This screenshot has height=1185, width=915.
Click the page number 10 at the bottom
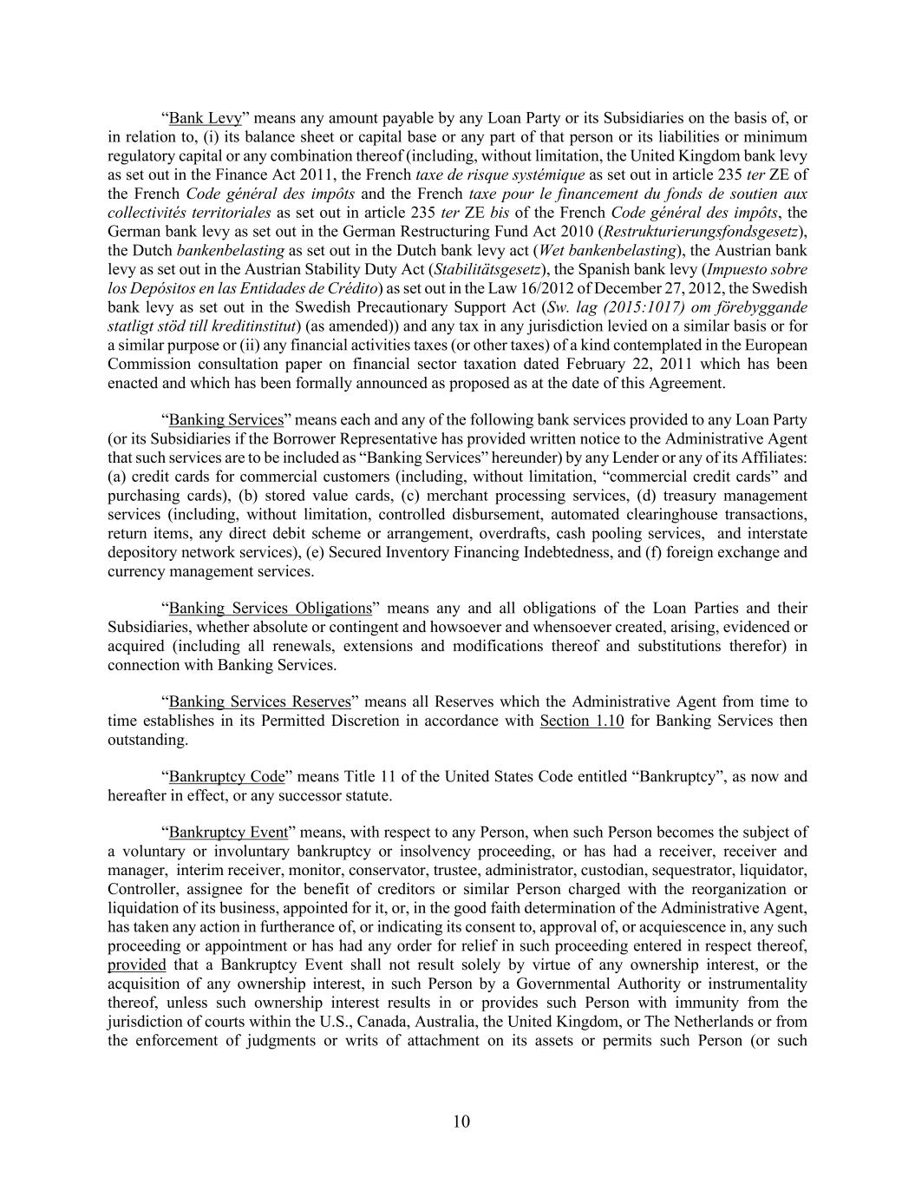coord(461,1122)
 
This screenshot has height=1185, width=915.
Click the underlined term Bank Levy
coord(205,118)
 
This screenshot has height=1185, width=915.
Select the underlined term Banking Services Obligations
coord(270,608)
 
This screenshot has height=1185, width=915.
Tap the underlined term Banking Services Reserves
coord(259,701)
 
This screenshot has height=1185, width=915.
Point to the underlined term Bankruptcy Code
coord(226,776)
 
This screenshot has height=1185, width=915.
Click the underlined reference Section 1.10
coord(581,721)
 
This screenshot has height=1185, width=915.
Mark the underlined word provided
coord(136,964)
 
